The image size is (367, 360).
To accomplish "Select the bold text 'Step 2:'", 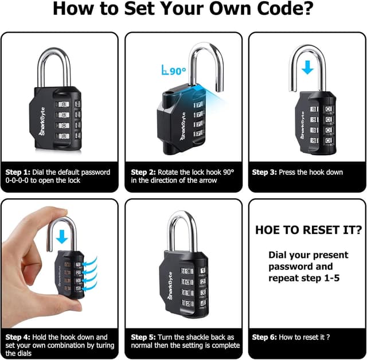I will click(143, 172).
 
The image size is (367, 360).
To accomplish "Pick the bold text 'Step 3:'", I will click(264, 172).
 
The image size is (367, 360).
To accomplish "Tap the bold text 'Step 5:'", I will click(143, 337).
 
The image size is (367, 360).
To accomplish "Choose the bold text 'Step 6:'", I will click(264, 337).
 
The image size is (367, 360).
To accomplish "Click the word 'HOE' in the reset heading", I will click(267, 230).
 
